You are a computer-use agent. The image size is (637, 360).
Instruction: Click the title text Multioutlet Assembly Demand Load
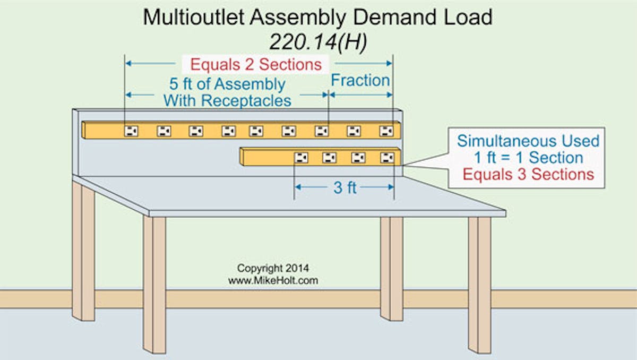point(317,18)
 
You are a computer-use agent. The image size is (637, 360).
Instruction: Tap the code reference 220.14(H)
point(317,43)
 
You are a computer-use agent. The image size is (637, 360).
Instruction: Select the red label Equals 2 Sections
point(256,64)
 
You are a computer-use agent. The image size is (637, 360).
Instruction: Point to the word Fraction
point(360,81)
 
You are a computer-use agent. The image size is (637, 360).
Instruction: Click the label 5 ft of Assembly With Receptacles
point(227,92)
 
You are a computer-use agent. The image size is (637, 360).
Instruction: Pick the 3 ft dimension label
point(345,187)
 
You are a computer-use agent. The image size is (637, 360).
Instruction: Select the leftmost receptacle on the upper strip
point(131,131)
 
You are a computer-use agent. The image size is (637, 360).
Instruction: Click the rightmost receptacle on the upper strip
point(386,131)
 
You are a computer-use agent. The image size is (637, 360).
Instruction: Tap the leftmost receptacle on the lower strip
point(301,157)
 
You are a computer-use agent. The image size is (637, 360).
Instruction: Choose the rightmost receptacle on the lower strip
point(387,157)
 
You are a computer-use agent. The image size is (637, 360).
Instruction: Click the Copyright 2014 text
point(273,268)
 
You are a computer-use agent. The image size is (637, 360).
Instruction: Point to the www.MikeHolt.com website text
point(273,280)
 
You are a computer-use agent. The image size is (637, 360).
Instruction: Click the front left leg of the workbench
point(154,284)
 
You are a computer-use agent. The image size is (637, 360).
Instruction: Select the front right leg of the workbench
point(479,284)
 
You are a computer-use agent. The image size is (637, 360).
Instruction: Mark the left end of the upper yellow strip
point(85,130)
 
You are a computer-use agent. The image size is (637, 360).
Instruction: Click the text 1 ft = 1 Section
point(528,158)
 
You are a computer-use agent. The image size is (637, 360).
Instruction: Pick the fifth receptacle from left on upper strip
point(256,131)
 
